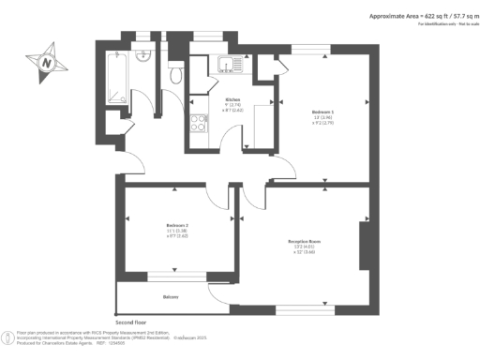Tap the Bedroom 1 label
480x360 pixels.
tap(323, 112)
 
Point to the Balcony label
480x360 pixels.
tap(171, 297)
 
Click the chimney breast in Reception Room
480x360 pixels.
tap(365, 243)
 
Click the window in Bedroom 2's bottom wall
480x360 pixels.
tap(176, 277)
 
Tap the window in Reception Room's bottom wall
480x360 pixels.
tap(302, 308)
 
